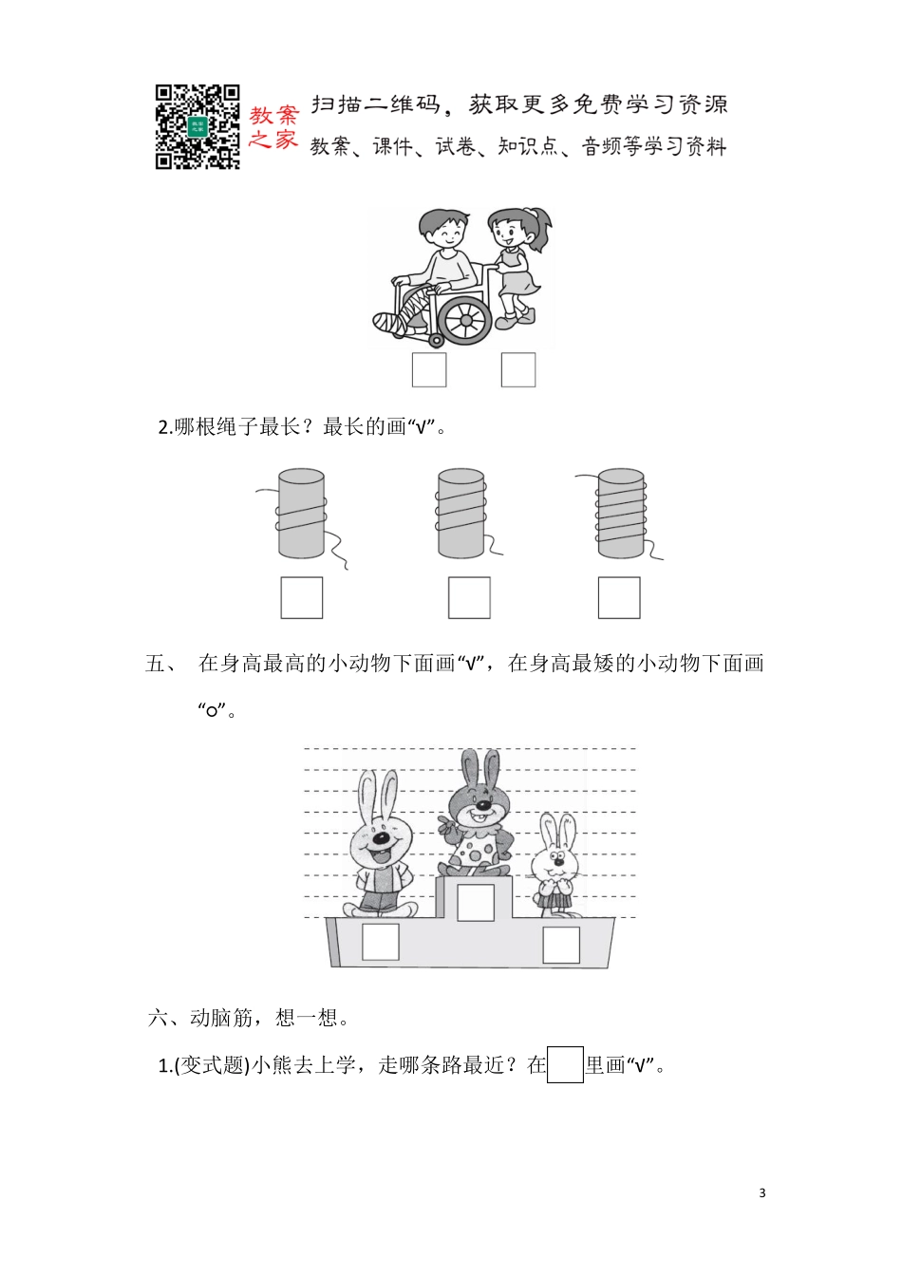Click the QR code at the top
(x=197, y=127)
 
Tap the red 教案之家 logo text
(x=273, y=127)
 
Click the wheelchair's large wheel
(x=465, y=319)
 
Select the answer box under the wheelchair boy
(x=429, y=370)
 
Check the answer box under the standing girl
(x=518, y=370)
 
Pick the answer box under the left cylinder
(x=302, y=598)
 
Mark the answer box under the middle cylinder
(x=469, y=598)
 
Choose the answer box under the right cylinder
(x=619, y=598)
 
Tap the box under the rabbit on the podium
(x=475, y=902)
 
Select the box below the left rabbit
(x=381, y=942)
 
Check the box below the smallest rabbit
(x=560, y=946)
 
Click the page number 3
(x=762, y=1193)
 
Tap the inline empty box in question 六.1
(x=566, y=1064)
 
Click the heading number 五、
(x=160, y=664)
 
